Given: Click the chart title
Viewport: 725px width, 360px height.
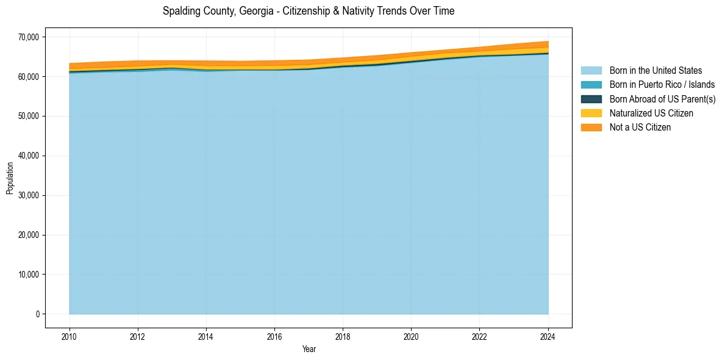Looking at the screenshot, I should [x=309, y=11].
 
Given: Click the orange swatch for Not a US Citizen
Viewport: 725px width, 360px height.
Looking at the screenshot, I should [x=591, y=128].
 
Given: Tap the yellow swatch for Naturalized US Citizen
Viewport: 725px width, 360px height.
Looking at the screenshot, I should [x=591, y=113].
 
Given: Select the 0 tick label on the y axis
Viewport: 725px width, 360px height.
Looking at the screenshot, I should [x=37, y=314].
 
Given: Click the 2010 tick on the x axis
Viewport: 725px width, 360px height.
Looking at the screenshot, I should [x=70, y=336].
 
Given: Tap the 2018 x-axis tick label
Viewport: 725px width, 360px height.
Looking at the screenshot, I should [x=343, y=336].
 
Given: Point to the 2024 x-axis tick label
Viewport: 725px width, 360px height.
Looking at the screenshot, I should [x=548, y=336].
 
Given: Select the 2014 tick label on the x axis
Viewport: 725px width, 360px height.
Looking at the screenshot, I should [x=206, y=336].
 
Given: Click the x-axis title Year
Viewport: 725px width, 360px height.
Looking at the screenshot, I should [x=309, y=349].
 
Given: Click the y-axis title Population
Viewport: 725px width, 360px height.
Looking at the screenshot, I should [x=10, y=178].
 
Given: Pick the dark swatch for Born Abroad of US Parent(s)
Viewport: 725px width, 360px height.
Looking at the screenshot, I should [x=591, y=99].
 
